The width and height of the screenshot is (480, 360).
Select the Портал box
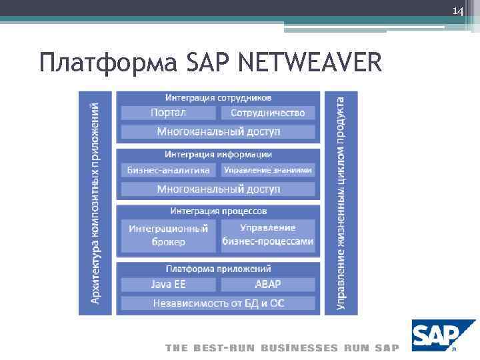(168, 113)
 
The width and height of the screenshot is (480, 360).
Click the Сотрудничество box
(267, 113)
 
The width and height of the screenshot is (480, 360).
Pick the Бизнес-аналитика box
(168, 170)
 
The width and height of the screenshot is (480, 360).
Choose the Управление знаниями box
(267, 170)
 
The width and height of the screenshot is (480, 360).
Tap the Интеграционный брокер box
(168, 235)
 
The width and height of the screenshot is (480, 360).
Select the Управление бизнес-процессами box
(267, 235)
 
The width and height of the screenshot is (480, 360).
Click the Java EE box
(168, 284)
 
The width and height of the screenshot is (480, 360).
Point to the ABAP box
(267, 284)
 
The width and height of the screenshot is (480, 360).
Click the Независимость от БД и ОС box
(218, 303)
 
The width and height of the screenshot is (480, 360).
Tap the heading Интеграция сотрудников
(218, 97)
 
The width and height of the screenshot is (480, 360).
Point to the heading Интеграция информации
(218, 154)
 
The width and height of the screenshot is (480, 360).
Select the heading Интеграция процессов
(218, 211)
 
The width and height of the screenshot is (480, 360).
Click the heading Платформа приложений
(218, 269)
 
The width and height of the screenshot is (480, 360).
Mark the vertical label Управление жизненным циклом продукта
(341, 203)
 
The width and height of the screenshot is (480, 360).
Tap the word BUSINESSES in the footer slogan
(300, 348)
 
